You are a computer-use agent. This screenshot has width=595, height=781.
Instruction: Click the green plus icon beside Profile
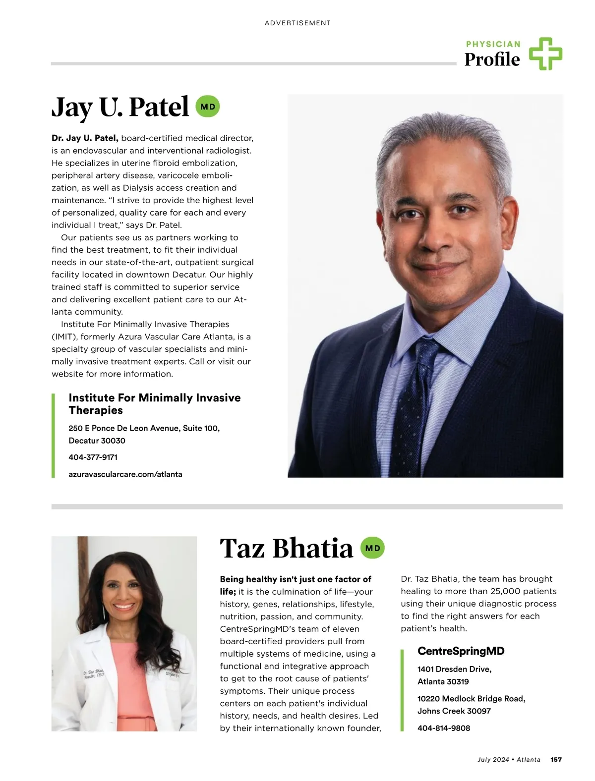[545, 54]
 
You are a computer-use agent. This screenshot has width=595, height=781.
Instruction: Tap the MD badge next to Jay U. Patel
[208, 107]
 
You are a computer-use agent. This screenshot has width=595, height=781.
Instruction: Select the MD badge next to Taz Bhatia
[372, 548]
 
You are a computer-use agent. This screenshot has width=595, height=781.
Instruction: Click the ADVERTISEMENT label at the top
[297, 23]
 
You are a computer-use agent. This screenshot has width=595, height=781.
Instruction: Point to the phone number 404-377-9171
[93, 457]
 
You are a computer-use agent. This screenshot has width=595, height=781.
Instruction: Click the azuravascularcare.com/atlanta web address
[125, 474]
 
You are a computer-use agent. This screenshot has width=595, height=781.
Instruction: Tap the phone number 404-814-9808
[444, 728]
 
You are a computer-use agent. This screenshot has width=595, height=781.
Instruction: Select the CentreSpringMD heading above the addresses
[461, 651]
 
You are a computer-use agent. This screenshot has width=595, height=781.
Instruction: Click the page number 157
[556, 759]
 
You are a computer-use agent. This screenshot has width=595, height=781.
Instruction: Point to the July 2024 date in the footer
[493, 759]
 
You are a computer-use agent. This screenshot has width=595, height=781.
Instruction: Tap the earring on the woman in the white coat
[103, 612]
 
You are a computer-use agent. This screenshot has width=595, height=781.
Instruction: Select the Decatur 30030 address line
[97, 441]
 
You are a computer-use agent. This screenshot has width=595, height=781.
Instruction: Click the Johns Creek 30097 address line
[454, 711]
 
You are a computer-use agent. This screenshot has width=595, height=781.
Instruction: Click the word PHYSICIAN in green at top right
[493, 44]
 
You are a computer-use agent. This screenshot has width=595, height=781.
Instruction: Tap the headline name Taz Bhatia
[286, 548]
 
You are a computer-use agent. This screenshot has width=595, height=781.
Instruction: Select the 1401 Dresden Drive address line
[454, 669]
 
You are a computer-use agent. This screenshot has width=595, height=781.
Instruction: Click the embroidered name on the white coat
[93, 673]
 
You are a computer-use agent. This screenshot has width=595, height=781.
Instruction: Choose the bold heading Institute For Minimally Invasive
[155, 398]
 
